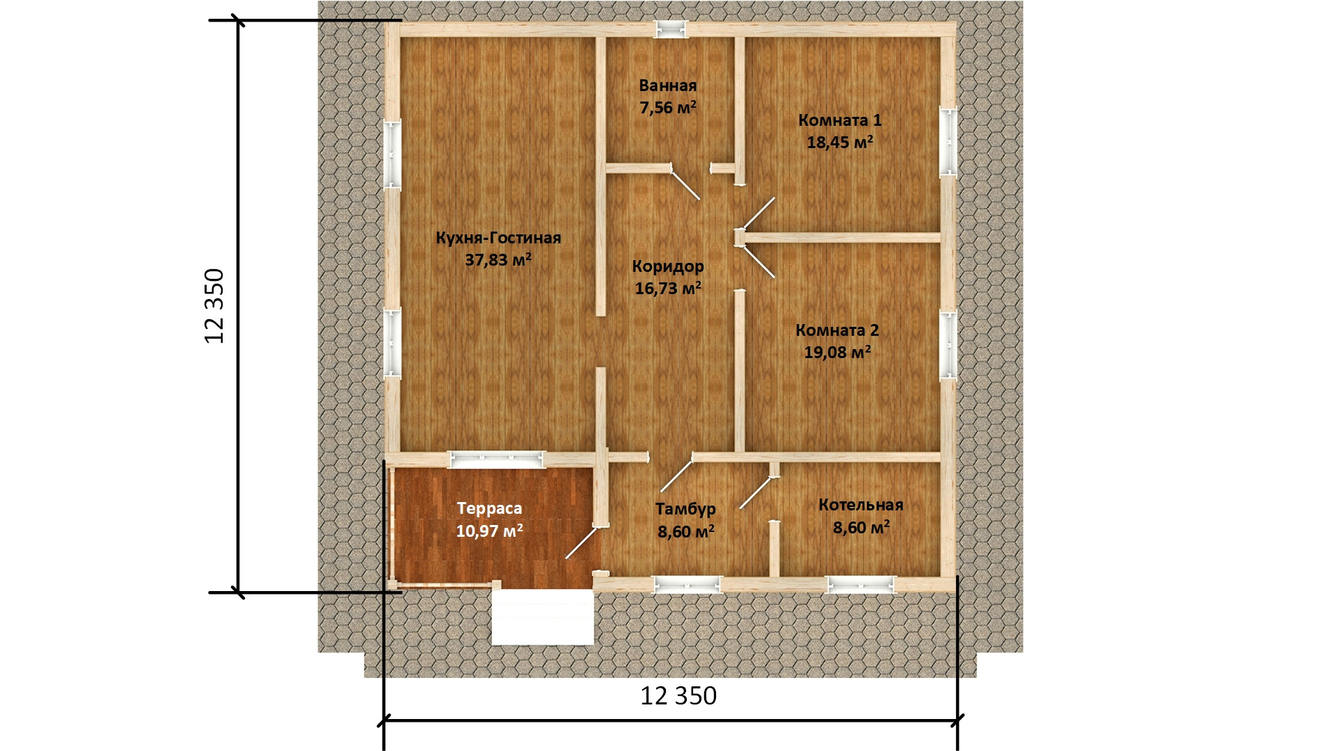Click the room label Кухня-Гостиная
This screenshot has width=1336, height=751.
pyautogui.click(x=498, y=239)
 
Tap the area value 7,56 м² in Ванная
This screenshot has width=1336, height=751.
pyautogui.click(x=668, y=108)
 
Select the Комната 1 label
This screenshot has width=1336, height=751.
pyautogui.click(x=840, y=120)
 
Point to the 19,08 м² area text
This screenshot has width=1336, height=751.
pyautogui.click(x=838, y=352)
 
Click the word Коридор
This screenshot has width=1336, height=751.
pyautogui.click(x=668, y=266)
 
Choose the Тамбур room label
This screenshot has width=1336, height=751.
pyautogui.click(x=685, y=510)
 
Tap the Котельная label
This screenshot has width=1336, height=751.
pyautogui.click(x=861, y=505)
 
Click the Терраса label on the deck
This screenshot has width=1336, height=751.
pyautogui.click(x=490, y=508)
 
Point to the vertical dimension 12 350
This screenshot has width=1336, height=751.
pyautogui.click(x=215, y=306)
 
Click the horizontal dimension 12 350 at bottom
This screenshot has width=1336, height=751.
pyautogui.click(x=678, y=695)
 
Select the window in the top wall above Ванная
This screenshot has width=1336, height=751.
pyautogui.click(x=671, y=29)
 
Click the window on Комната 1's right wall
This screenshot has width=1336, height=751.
pyautogui.click(x=948, y=141)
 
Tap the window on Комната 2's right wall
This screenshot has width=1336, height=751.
pyautogui.click(x=948, y=345)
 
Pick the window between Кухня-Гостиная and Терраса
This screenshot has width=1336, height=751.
pyautogui.click(x=495, y=458)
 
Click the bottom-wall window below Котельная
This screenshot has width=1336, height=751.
pyautogui.click(x=861, y=585)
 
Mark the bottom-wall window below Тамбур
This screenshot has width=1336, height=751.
pyautogui.click(x=686, y=585)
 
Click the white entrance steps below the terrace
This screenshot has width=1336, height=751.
pyautogui.click(x=543, y=617)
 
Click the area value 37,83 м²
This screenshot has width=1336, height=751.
pyautogui.click(x=498, y=260)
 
